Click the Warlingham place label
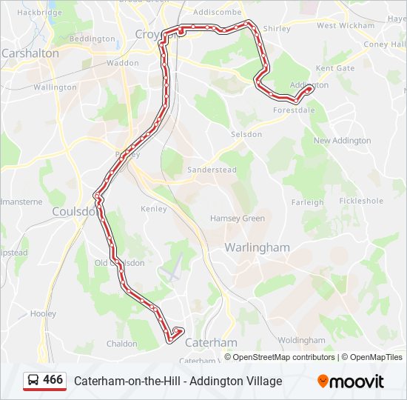pyautogui.click(x=258, y=247)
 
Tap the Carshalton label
pyautogui.click(x=30, y=53)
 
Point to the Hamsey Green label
pyautogui.click(x=237, y=219)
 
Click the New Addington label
pyautogui.click(x=342, y=141)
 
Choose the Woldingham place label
pyautogui.click(x=301, y=340)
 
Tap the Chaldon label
pyautogui.click(x=122, y=344)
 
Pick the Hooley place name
pyautogui.click(x=43, y=314)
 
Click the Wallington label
pyautogui.click(x=55, y=87)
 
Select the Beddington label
pyautogui.click(x=92, y=39)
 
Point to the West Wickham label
pyautogui.click(x=335, y=26)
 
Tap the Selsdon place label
pyautogui.click(x=246, y=135)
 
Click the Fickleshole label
pyautogui.click(x=361, y=201)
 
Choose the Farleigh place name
pyautogui.click(x=307, y=202)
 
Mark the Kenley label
pyautogui.click(x=154, y=209)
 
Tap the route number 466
pyautogui.click(x=53, y=379)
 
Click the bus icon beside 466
pyautogui.click(x=33, y=380)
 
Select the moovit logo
pyautogui.click(x=351, y=381)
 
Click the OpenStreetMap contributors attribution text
pyautogui.click(x=283, y=357)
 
